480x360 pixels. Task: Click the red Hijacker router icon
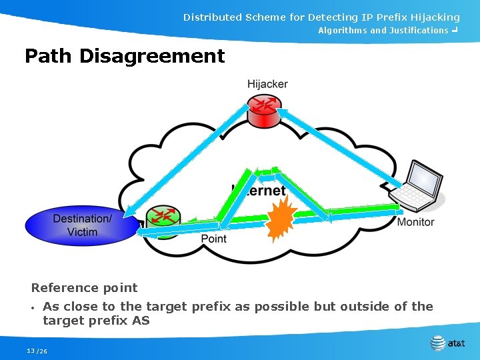tap(265, 110)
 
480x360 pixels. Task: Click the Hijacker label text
tap(267, 84)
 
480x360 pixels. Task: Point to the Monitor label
tap(415, 222)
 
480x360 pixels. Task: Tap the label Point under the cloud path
tap(213, 239)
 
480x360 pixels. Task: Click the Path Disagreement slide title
tap(125, 56)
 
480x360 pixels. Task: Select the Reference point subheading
tap(84, 288)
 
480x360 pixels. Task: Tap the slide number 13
tap(30, 351)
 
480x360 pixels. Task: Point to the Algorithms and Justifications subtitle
tap(383, 31)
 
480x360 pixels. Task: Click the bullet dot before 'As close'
tap(33, 308)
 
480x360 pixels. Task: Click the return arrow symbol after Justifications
tap(454, 31)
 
